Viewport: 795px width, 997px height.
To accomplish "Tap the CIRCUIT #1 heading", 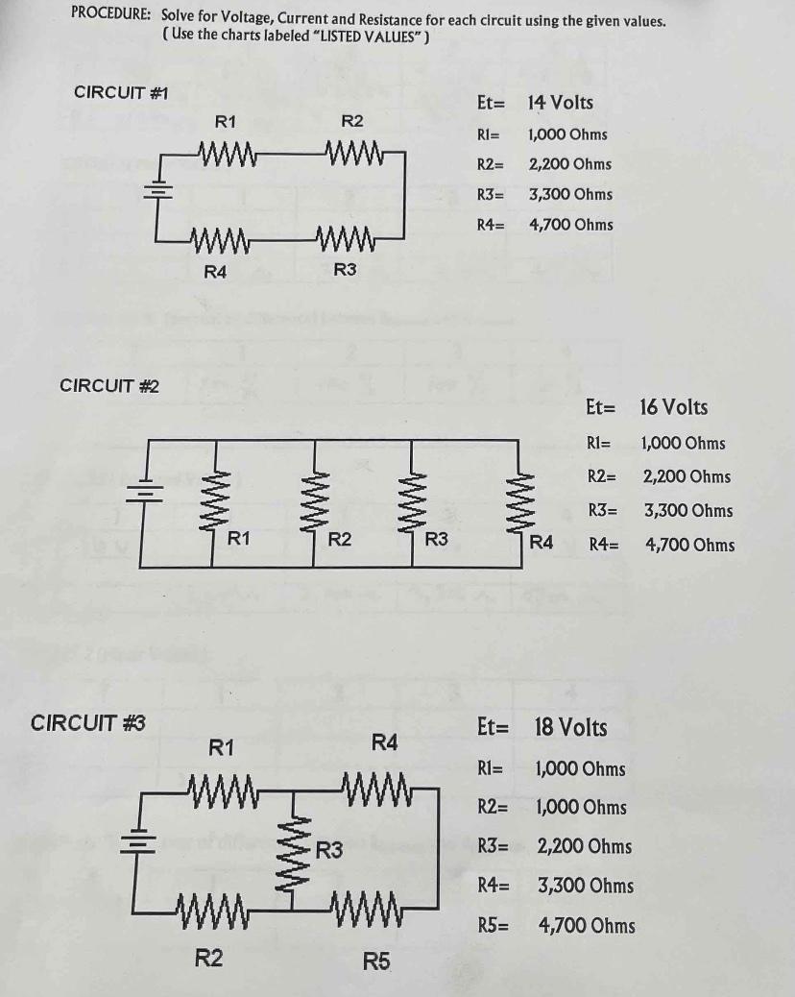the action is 121,92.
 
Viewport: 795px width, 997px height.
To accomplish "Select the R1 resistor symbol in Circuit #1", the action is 227,152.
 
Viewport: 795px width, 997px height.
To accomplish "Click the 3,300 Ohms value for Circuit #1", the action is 569,194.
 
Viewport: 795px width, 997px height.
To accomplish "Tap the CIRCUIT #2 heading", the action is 109,386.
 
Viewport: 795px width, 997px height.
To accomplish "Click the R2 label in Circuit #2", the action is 339,540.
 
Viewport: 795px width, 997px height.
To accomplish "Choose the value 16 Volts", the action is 673,407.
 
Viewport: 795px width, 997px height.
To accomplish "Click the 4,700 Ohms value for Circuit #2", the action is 690,546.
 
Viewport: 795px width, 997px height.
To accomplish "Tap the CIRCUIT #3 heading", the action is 88,722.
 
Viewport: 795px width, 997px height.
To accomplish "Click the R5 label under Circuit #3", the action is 376,961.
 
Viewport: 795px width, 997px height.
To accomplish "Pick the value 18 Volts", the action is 570,727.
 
